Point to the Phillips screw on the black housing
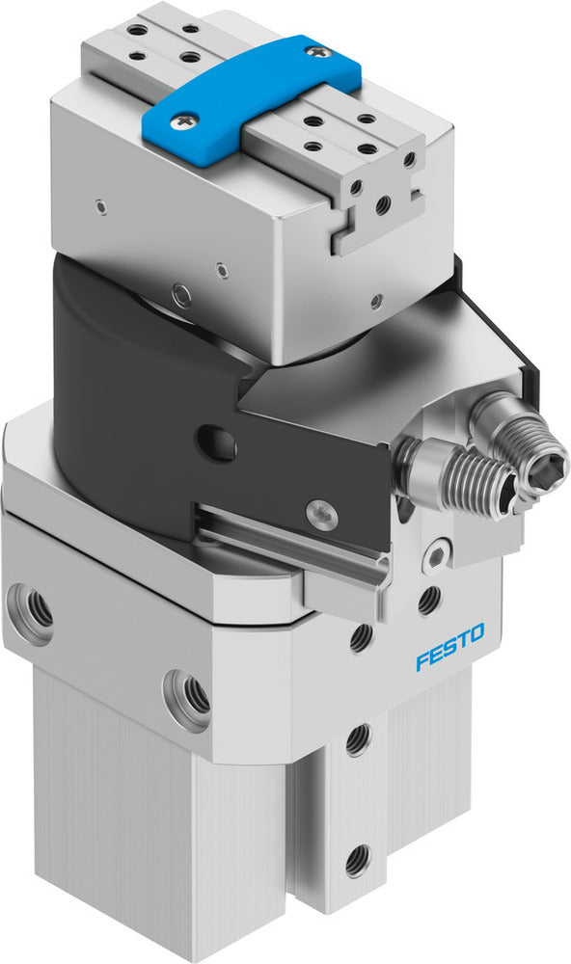tap(319, 512)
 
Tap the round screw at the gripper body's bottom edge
tap(179, 292)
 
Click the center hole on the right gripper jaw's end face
tap(383, 205)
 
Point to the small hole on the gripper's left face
tap(99, 204)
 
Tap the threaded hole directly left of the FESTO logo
tap(360, 637)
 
